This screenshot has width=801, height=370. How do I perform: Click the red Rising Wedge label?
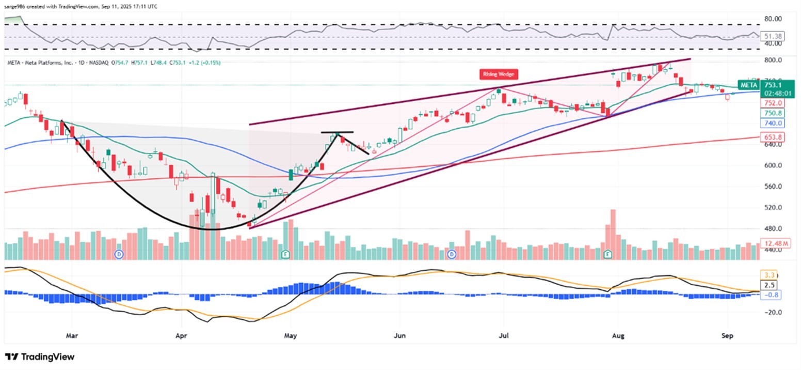pos(499,74)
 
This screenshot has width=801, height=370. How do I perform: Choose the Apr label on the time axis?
pos(181,335)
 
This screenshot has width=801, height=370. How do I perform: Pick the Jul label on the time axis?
pos(504,335)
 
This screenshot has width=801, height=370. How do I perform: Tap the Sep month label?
pos(727,335)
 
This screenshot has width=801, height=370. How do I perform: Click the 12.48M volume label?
pos(772,243)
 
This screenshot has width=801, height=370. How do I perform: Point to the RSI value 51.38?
pos(772,37)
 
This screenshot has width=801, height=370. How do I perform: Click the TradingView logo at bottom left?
pos(40,357)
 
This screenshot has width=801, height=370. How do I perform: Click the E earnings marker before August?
pos(608,254)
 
